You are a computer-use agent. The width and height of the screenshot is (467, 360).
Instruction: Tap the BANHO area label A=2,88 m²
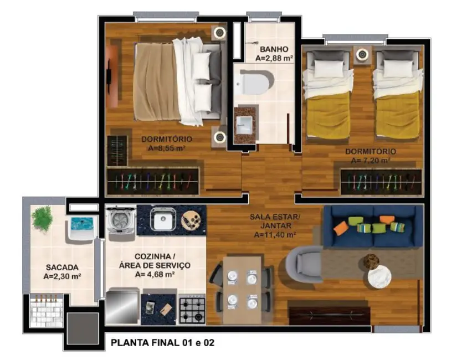[x=274, y=57]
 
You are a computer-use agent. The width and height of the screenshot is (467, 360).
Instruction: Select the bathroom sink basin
[x=244, y=123]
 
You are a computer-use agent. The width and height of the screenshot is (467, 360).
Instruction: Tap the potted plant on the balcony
[x=42, y=218]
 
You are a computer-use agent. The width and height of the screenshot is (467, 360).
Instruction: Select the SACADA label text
[x=61, y=266]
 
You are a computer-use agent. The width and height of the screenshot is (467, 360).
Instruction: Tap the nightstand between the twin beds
[x=362, y=54]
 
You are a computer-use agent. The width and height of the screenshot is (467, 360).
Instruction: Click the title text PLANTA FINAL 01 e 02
[x=162, y=343]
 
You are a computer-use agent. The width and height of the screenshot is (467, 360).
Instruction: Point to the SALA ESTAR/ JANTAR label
[x=275, y=222]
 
